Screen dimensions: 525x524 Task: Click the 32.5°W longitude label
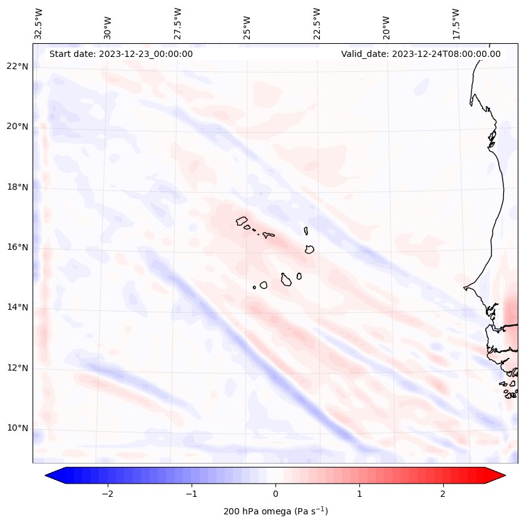tap(39, 23)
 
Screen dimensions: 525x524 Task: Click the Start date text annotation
tap(121, 54)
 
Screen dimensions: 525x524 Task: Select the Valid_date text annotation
tap(421, 54)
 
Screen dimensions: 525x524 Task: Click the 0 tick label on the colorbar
tap(275, 494)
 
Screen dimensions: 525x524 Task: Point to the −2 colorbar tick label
tap(107, 494)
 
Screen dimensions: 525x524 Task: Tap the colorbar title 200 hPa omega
tap(275, 511)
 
